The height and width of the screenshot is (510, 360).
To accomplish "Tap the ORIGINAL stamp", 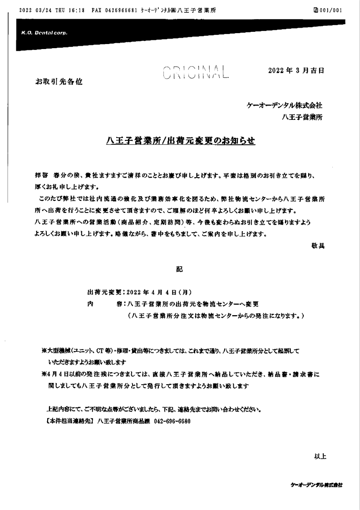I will tap(195, 73).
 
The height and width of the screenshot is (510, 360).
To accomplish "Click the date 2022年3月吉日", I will tap(296, 71).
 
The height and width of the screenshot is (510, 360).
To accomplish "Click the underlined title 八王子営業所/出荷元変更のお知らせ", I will tap(180, 141).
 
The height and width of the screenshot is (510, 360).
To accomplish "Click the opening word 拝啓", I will tap(42, 176).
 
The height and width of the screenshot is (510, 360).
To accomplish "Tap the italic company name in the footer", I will tap(317, 485).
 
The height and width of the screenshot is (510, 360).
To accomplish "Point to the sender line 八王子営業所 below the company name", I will tap(302, 117).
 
